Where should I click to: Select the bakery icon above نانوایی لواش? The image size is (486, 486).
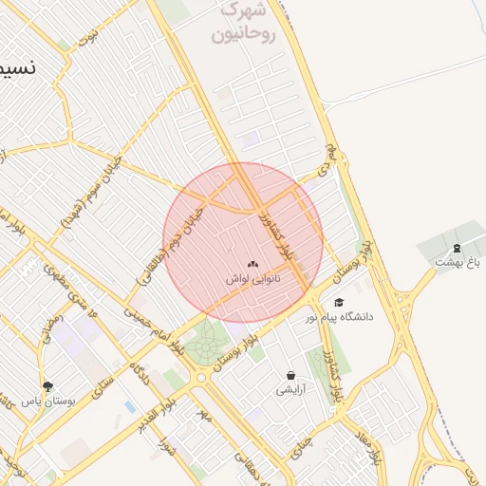(x=252, y=265)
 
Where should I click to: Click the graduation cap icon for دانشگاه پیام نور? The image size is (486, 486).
(x=339, y=302)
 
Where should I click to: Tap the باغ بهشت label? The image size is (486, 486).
(x=458, y=262)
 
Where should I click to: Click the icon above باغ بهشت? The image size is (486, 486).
(x=458, y=247)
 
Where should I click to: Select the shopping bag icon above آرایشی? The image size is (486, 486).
(x=290, y=375)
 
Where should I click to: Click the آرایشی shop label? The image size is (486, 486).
(x=290, y=390)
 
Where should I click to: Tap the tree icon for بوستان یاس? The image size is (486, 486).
(x=47, y=385)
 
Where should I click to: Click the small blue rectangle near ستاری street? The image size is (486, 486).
(x=129, y=406)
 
